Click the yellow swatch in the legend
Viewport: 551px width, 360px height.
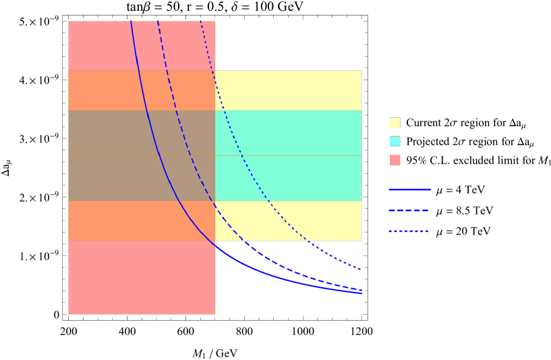(395, 122)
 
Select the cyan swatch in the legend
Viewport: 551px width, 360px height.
(395, 141)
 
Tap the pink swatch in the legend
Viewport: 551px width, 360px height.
(395, 160)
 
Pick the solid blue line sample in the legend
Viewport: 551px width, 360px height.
(409, 189)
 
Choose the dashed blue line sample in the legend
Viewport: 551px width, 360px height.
(409, 210)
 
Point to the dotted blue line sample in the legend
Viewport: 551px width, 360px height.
(409, 231)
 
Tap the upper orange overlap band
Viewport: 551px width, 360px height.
(101, 90)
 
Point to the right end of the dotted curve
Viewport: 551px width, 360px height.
(361, 270)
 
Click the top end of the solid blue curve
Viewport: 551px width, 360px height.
(131, 22)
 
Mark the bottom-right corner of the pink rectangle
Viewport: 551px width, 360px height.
(216, 315)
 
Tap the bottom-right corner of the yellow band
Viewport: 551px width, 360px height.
(362, 241)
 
